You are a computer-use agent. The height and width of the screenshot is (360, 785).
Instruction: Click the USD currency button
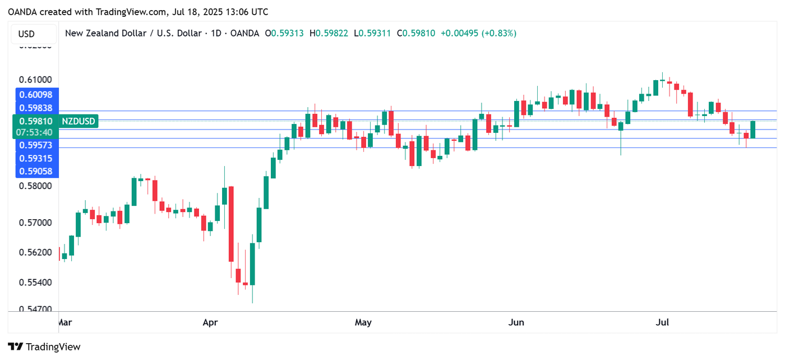[x=26, y=34]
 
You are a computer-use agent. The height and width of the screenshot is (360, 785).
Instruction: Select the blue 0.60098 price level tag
[x=36, y=94]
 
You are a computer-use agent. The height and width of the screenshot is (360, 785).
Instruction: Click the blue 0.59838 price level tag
[x=36, y=108]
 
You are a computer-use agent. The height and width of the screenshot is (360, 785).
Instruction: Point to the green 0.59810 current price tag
[x=36, y=121]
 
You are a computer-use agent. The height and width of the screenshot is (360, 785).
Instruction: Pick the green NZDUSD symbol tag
[x=78, y=121]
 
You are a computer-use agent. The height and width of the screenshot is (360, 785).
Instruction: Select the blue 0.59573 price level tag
[x=36, y=145]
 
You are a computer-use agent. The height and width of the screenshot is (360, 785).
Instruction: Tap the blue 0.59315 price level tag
[x=36, y=159]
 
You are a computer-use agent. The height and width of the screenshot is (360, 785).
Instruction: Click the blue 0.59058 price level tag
[x=36, y=171]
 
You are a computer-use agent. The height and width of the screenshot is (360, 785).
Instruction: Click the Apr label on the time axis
[x=210, y=322]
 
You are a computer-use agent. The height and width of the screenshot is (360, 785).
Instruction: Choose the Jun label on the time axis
[x=516, y=322]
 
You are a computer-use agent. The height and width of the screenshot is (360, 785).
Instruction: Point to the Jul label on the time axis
[x=663, y=322]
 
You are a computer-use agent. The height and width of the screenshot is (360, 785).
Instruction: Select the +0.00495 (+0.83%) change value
[x=478, y=33]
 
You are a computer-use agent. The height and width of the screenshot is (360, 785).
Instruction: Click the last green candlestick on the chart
[x=753, y=130]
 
